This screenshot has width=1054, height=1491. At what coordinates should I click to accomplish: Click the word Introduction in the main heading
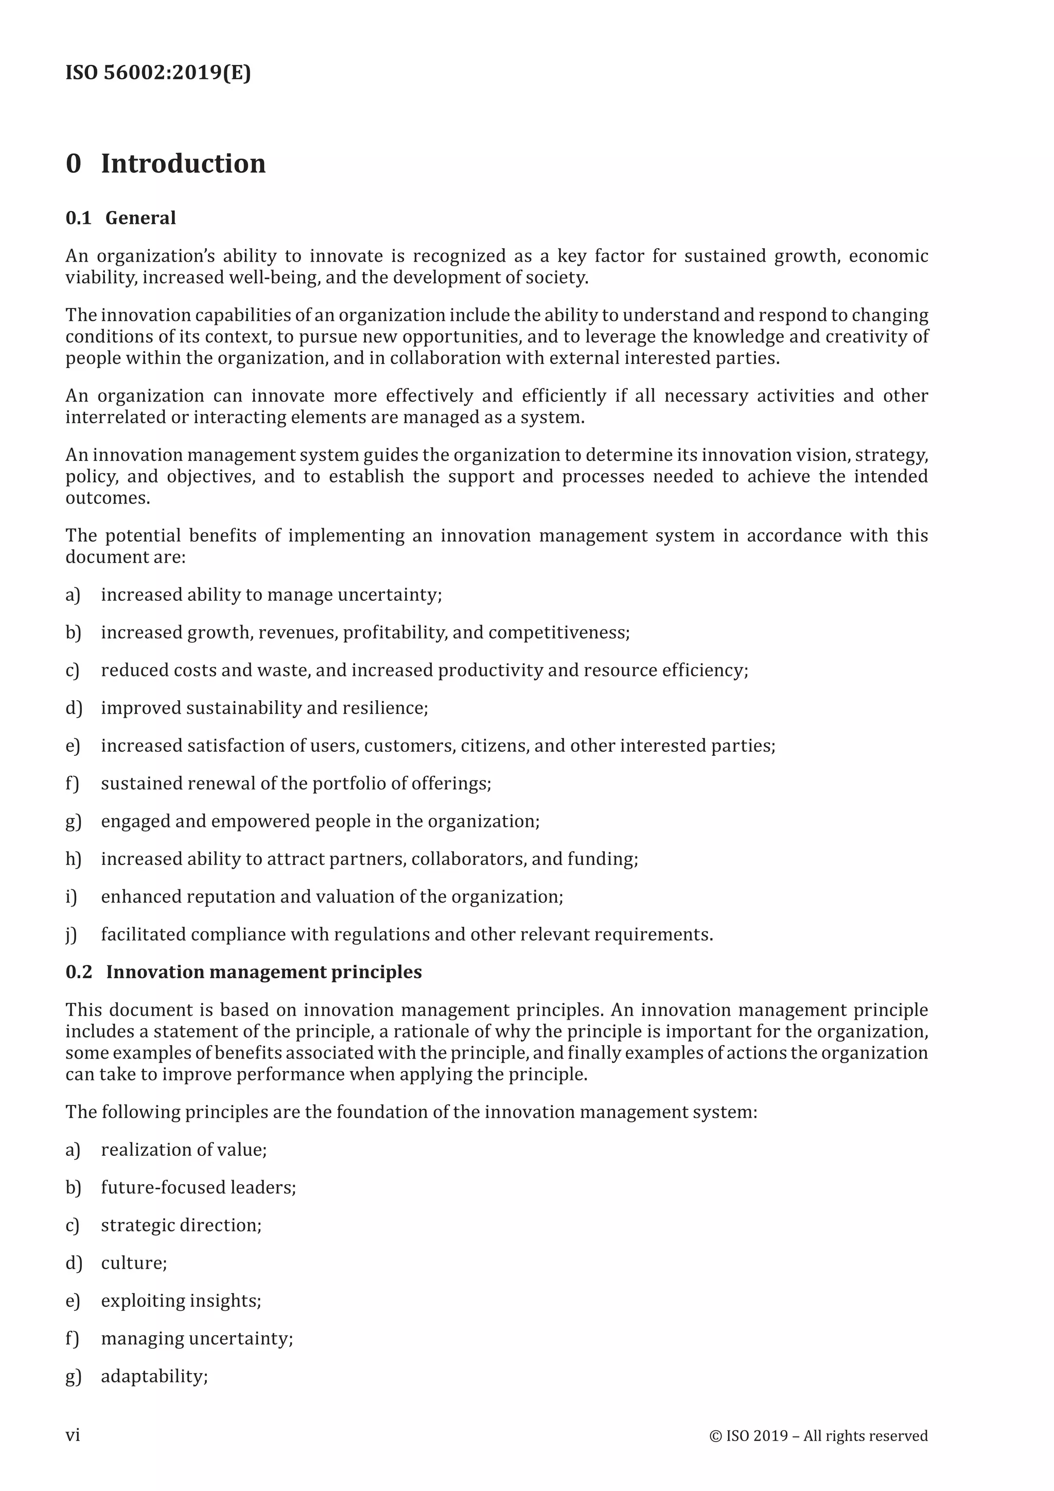(183, 163)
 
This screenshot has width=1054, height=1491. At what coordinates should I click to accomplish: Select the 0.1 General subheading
(121, 218)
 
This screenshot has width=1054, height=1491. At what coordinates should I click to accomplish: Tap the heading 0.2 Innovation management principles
(243, 972)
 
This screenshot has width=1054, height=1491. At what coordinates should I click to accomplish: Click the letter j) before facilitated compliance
(72, 934)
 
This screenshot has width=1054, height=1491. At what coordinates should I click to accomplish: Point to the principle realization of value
(183, 1150)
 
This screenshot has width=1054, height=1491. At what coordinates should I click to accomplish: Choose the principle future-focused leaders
(198, 1187)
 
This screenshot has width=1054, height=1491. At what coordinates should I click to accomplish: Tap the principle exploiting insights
(181, 1301)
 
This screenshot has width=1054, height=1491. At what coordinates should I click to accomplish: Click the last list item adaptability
(154, 1376)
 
